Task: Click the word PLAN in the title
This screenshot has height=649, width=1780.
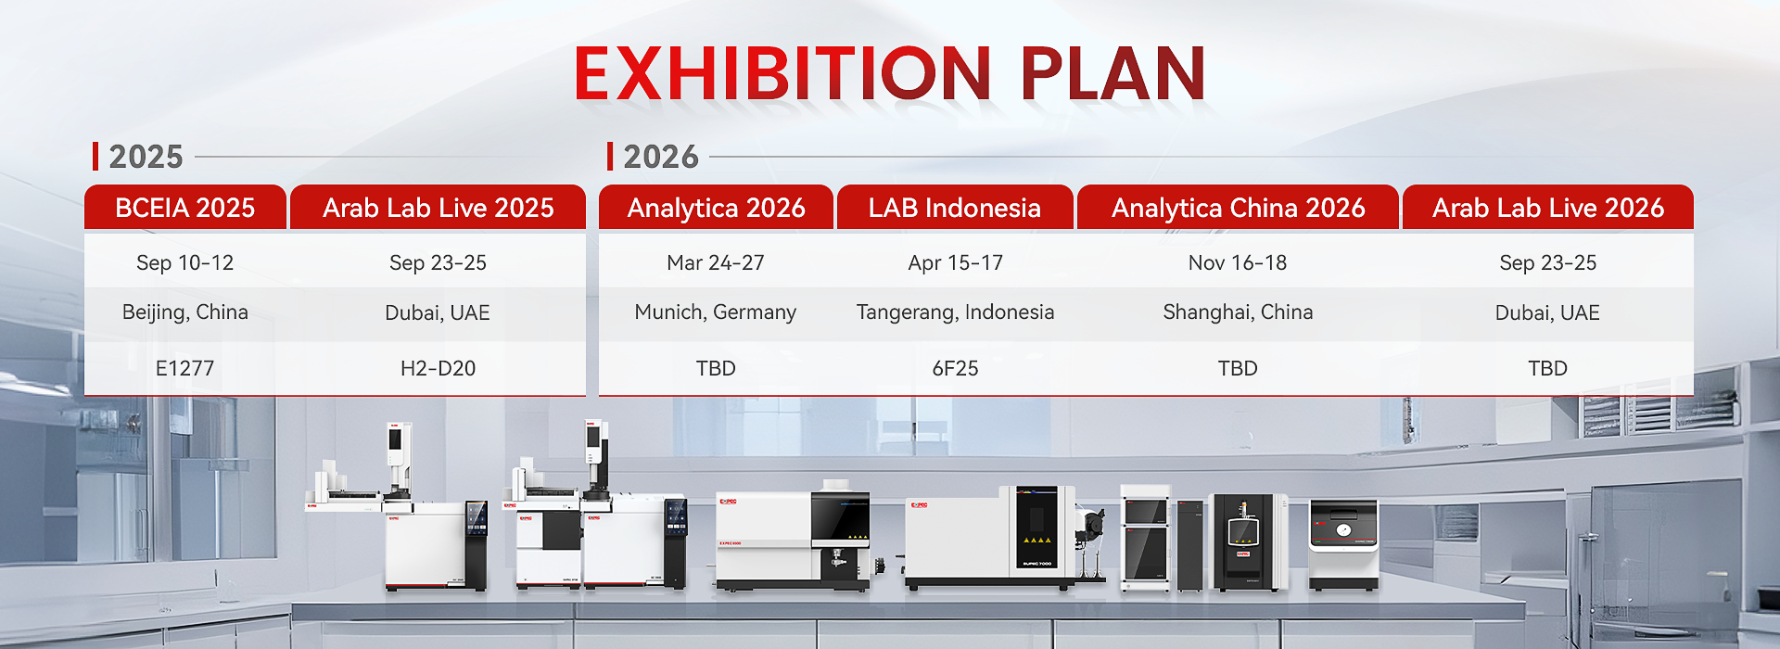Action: coord(1112,73)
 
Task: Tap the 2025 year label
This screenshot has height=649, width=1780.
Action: coord(146,157)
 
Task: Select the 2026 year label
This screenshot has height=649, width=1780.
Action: coord(661,157)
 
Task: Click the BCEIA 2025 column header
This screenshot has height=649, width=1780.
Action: coord(185,208)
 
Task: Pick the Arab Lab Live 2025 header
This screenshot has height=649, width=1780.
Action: coord(439,208)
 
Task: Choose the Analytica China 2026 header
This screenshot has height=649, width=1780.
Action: coord(1239,208)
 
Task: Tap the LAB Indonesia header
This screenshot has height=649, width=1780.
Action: coord(955,208)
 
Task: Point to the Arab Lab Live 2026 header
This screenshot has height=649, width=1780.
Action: coord(1548,208)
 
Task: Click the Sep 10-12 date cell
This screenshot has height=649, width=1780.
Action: coord(185,263)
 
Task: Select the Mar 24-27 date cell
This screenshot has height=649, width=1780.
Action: coord(716,263)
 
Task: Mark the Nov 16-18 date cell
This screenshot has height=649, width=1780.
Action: coord(1238,263)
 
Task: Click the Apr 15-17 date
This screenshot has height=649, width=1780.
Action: coord(956,263)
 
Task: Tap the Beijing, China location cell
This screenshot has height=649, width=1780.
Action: coord(185,312)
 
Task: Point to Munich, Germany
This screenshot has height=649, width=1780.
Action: coord(716,312)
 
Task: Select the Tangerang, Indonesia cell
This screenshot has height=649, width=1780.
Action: coord(956,312)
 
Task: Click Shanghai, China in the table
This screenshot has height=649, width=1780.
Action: coord(1239,312)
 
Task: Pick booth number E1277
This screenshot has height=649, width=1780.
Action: coord(185,368)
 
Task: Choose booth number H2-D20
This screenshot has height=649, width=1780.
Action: coord(438,368)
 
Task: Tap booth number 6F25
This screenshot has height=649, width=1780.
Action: coord(956,368)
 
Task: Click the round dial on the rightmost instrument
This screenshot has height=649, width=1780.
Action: coord(1343,530)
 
